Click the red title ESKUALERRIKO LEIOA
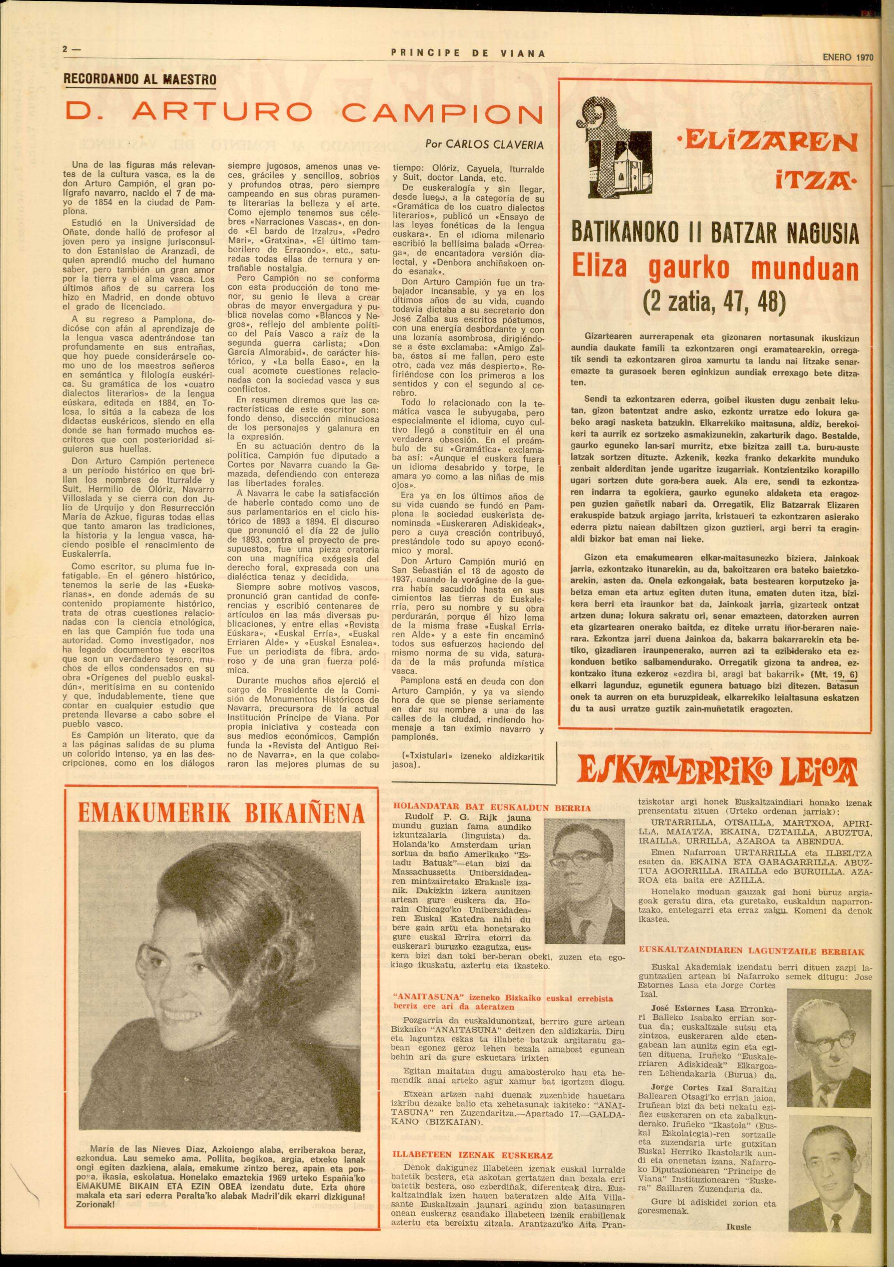tap(716, 771)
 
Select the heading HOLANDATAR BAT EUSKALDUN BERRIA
tap(491, 807)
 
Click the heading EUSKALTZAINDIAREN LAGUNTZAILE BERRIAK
tap(751, 951)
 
